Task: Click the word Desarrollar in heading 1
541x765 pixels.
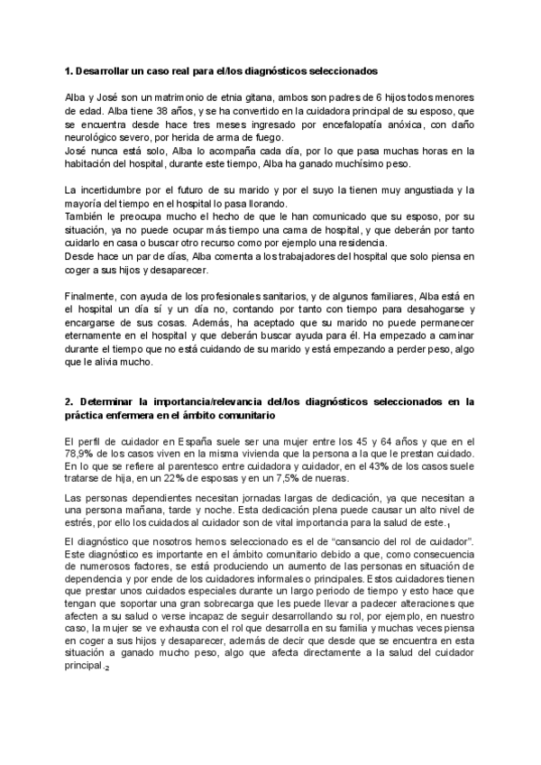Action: pyautogui.click(x=105, y=69)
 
